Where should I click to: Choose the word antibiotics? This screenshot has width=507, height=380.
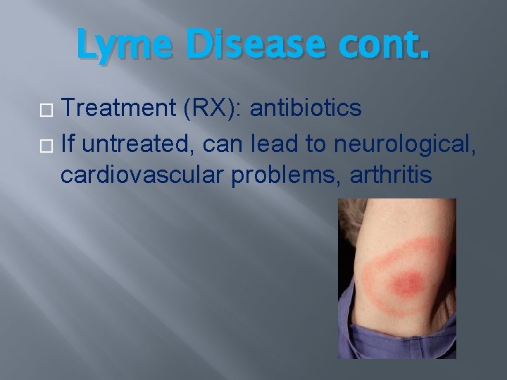pyautogui.click(x=306, y=108)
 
